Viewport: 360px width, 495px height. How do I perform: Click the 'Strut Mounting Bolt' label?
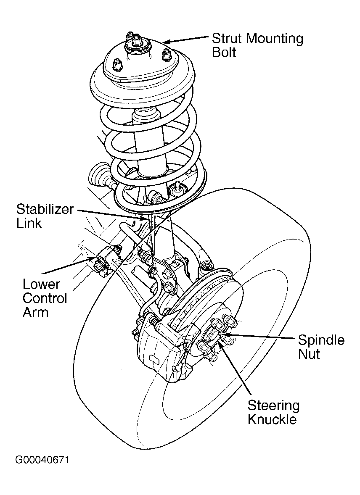click(x=257, y=45)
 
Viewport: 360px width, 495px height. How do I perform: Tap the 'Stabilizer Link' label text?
click(x=45, y=216)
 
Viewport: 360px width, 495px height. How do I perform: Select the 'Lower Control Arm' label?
click(x=45, y=298)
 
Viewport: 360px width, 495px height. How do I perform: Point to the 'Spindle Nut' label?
click(x=321, y=347)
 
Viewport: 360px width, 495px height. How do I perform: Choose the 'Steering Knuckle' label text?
click(x=273, y=412)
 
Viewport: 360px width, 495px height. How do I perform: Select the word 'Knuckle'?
click(x=272, y=419)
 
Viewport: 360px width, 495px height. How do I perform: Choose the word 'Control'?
click(x=45, y=298)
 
